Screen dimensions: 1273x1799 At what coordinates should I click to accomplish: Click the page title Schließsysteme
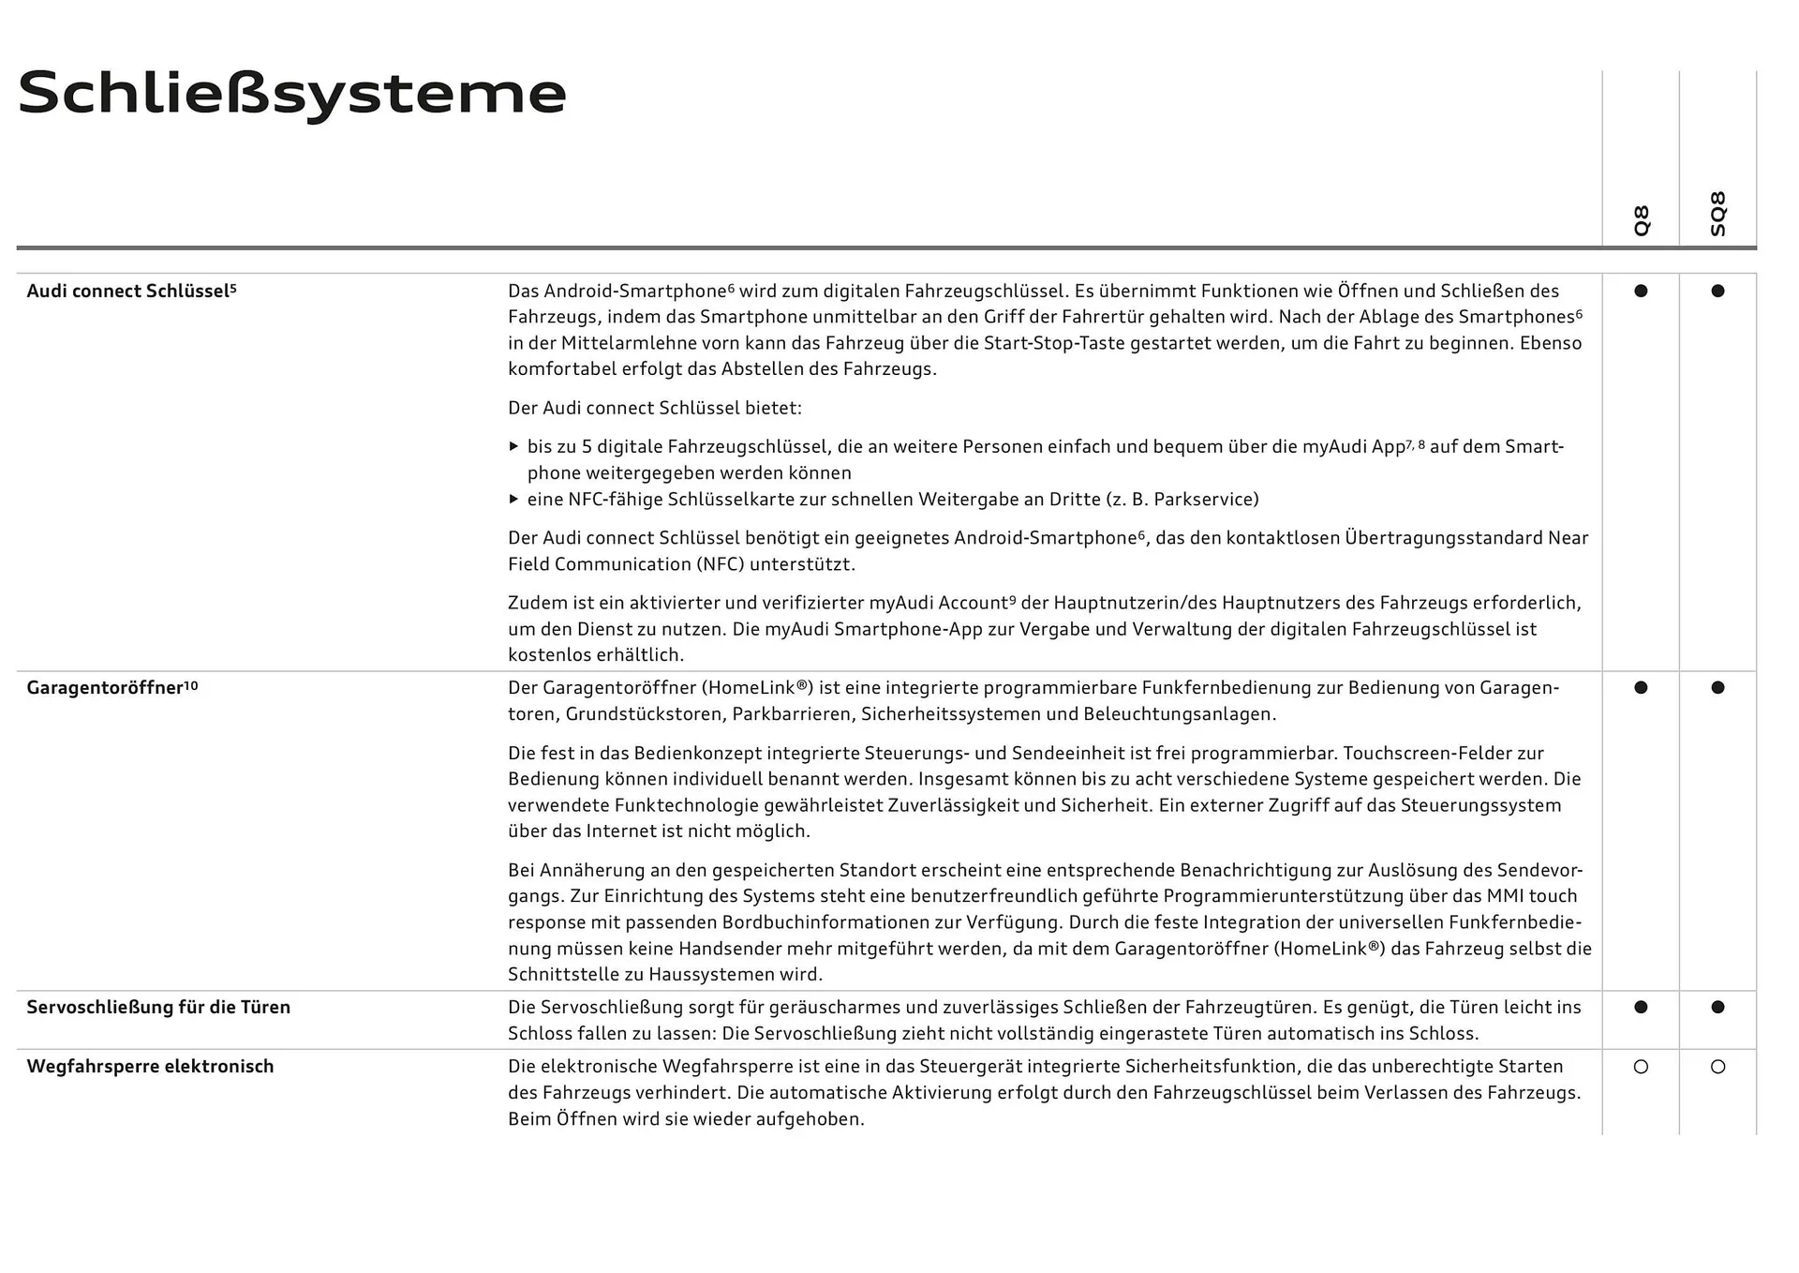pos(291,94)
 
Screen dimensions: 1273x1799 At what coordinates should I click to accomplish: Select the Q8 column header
pos(1641,220)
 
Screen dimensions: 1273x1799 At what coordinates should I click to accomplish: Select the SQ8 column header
pos(1717,215)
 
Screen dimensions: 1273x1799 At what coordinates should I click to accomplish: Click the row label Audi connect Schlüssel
pos(131,292)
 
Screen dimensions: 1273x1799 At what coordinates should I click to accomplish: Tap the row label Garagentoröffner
pos(112,688)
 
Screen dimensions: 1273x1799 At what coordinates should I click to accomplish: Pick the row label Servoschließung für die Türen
pos(158,1008)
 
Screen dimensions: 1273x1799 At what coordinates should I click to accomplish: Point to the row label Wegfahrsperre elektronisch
pos(150,1067)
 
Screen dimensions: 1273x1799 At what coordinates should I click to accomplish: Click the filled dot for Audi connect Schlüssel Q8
pos(1641,292)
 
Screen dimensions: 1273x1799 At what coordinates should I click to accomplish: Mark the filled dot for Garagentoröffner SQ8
pos(1717,688)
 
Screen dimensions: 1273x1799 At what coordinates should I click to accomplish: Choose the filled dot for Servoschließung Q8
pos(1641,1008)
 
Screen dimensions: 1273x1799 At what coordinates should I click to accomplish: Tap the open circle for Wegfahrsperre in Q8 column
pos(1641,1067)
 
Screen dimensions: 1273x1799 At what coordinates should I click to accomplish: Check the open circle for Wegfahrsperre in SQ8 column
pos(1717,1067)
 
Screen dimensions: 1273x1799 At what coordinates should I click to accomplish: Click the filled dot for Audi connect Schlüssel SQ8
pos(1717,292)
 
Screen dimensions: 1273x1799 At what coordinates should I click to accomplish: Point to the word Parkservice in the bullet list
pos(1202,500)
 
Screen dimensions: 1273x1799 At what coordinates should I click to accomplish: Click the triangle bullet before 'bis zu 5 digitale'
pos(513,447)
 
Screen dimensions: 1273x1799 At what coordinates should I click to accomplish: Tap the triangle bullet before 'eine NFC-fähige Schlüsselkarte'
pos(513,500)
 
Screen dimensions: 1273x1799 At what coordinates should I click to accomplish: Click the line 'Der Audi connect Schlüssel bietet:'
pos(655,409)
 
